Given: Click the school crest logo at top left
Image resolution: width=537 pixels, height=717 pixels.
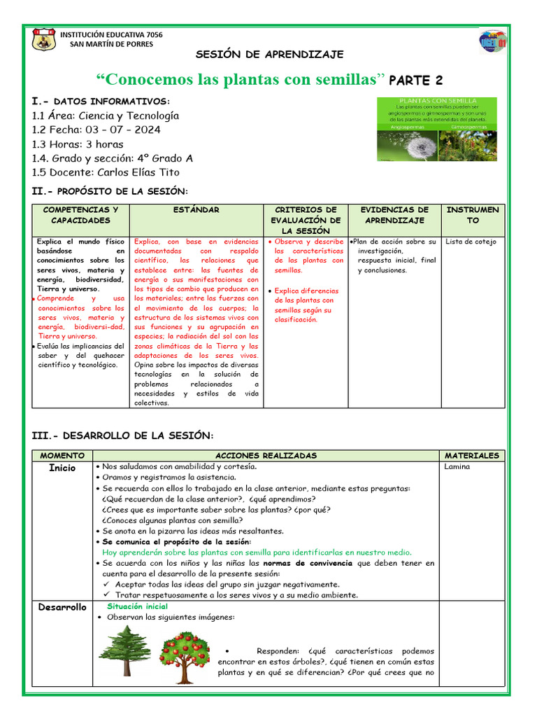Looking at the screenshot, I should click(x=43, y=39).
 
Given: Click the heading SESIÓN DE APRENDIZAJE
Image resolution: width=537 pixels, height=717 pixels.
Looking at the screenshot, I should click(x=268, y=55).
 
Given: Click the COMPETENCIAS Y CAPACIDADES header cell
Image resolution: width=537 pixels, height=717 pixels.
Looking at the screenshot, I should click(x=81, y=215).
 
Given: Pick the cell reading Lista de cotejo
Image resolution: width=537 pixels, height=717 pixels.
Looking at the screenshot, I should click(x=471, y=242).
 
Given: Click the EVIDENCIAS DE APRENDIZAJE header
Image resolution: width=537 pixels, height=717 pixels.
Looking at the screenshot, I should click(x=394, y=215).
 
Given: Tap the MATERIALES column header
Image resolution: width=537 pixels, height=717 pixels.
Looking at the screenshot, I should click(x=472, y=455).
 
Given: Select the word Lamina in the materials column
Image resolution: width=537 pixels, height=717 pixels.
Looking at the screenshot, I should click(x=457, y=466).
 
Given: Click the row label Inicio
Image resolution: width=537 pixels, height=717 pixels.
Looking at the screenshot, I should click(x=63, y=468).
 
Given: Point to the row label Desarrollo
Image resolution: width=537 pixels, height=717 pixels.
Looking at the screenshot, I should click(x=63, y=607).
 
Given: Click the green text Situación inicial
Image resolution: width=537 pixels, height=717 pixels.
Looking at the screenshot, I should click(x=138, y=606).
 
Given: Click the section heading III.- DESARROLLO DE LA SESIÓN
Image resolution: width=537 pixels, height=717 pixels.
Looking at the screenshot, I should click(x=122, y=436).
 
